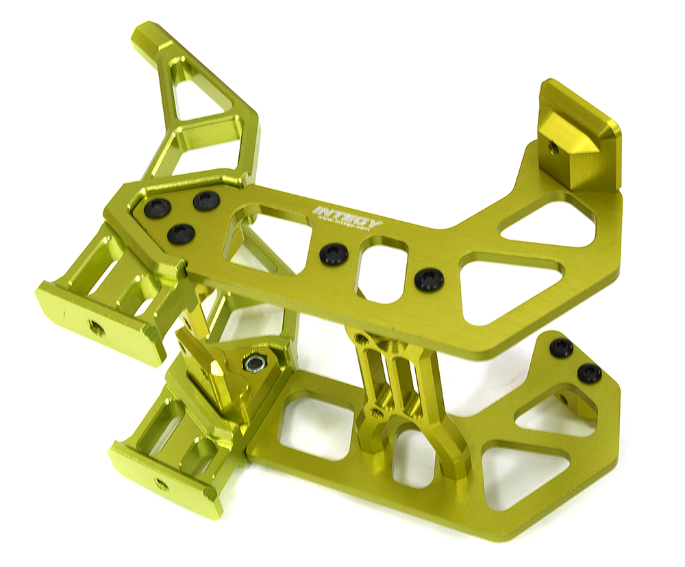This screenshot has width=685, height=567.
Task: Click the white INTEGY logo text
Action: (x=348, y=217)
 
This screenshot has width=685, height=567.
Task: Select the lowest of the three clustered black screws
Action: (x=180, y=234)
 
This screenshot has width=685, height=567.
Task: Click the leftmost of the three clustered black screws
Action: (x=158, y=207)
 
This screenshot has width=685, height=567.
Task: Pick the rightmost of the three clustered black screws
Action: (x=206, y=201)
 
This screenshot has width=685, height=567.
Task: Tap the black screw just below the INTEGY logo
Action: (x=334, y=254)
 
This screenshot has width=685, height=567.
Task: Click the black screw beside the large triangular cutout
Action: (x=429, y=279)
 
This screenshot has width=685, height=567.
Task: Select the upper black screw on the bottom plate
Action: (x=561, y=348)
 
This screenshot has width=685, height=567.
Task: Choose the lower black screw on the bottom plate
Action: (x=589, y=373)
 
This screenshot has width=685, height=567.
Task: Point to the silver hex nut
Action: (x=256, y=362)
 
